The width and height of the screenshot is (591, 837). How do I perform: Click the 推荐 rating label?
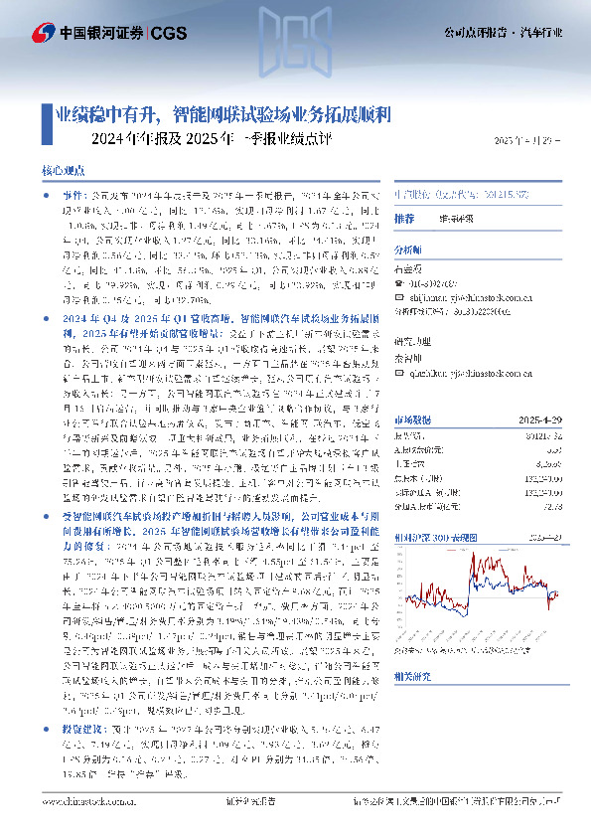click(x=404, y=218)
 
